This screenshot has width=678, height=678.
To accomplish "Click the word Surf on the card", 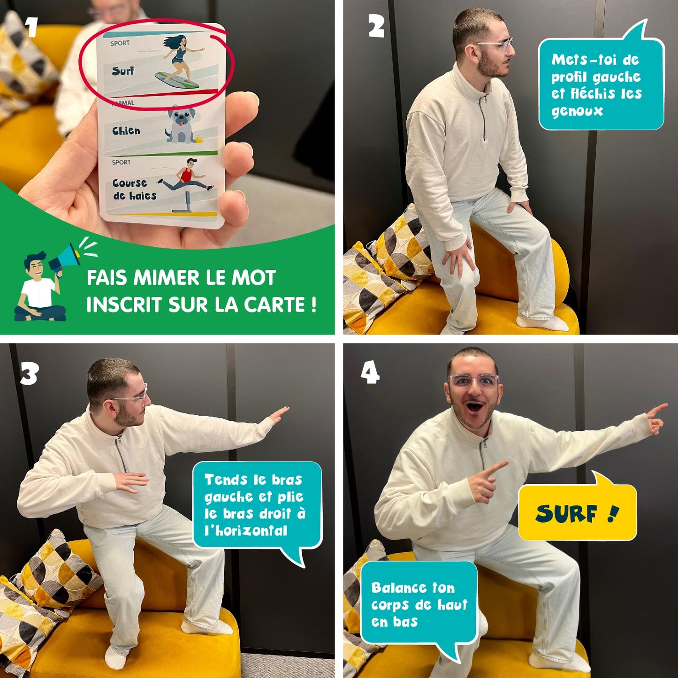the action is pyautogui.click(x=123, y=71).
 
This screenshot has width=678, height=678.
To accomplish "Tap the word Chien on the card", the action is pyautogui.click(x=126, y=131).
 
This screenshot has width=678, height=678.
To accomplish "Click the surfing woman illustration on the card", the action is pyautogui.click(x=180, y=61).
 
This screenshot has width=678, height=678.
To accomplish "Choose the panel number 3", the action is pyautogui.click(x=29, y=373).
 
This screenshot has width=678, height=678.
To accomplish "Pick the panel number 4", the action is pyautogui.click(x=370, y=373).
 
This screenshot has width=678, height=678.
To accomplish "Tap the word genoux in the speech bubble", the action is pyautogui.click(x=577, y=112).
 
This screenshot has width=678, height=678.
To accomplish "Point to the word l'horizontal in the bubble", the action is pyautogui.click(x=246, y=530).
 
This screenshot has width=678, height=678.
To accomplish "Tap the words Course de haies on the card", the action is pyautogui.click(x=134, y=189).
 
